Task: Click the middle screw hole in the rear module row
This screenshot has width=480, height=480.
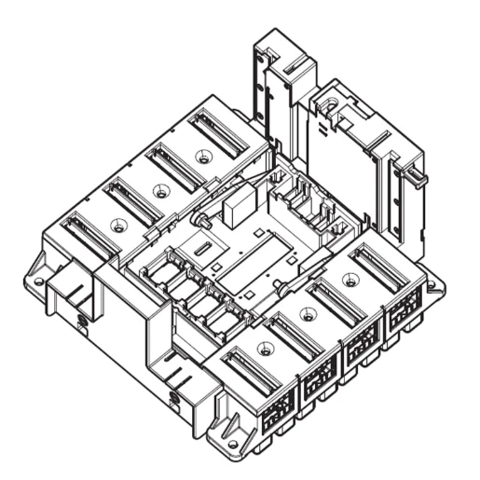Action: (x=161, y=192)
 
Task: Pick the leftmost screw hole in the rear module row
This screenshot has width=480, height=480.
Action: (x=117, y=225)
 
